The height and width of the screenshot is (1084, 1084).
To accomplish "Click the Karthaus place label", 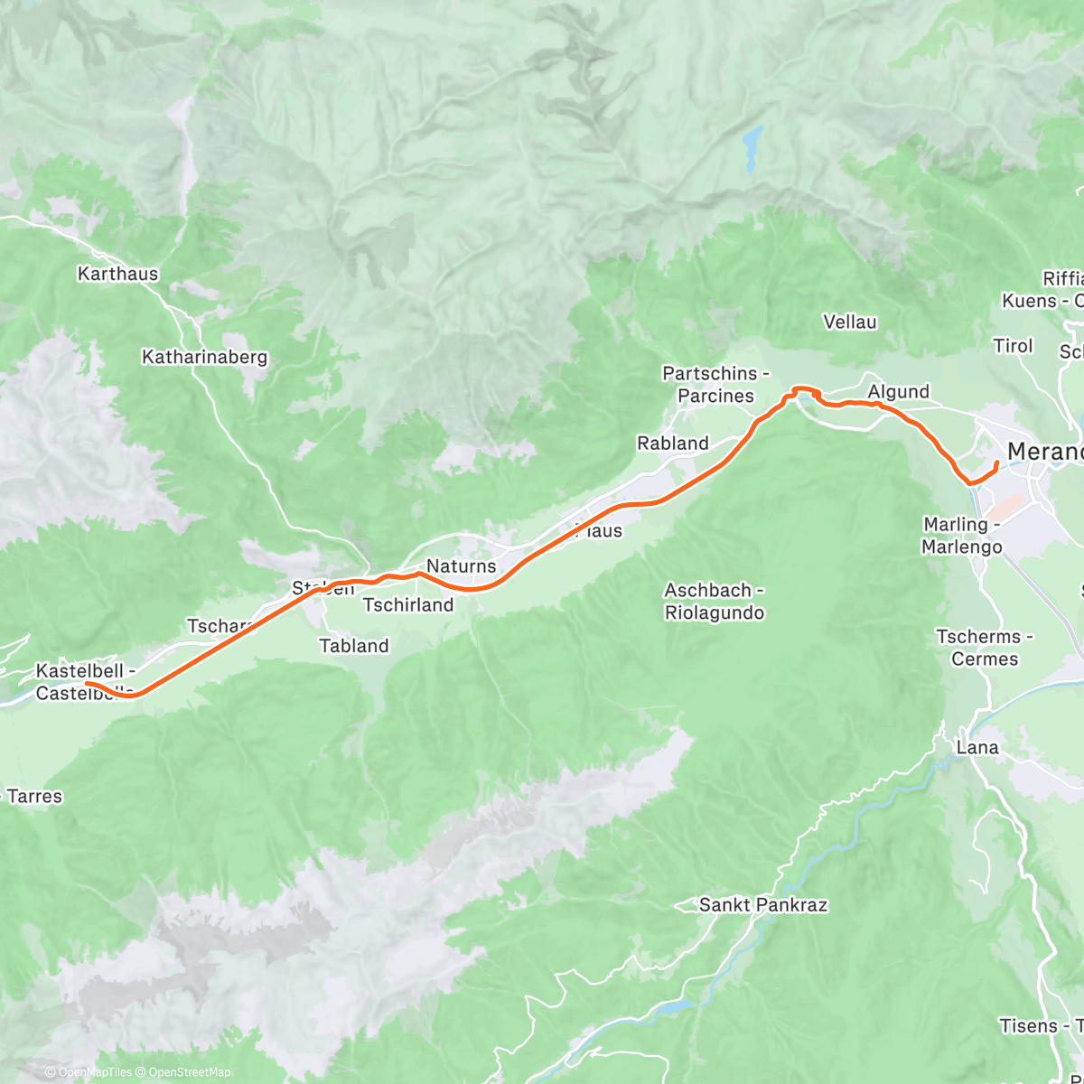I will pos(118,274).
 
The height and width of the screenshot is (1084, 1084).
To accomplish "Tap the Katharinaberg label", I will pos(205,358).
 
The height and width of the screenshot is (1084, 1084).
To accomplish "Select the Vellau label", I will pos(850,322).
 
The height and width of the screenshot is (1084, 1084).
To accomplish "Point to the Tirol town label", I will pos(1013,346).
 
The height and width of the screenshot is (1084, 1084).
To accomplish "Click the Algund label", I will pos(898,391).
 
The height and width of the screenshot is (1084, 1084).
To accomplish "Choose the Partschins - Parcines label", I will pos(715,385).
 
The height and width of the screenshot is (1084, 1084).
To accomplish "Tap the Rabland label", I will pos(673,444).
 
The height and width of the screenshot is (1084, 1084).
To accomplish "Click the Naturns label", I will pos(461,566).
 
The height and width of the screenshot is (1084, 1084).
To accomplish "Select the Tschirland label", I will pos(408,605).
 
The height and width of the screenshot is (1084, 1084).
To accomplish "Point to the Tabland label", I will pos(354,646).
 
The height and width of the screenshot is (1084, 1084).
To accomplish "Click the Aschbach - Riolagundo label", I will pos(715,602).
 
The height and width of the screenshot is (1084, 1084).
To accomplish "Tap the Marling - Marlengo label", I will pos(962,536).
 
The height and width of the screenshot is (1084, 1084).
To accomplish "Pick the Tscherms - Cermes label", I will pos(985,648).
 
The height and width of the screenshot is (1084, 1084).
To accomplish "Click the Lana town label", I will pos(978,748).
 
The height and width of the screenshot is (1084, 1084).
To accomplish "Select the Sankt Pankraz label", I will pos(763,905).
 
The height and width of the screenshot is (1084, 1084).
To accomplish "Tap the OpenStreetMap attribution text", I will pos(189,1072).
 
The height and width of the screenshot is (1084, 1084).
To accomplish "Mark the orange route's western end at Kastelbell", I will pos(87,684).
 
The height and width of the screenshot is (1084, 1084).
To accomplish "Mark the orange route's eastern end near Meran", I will pos(996,463).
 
